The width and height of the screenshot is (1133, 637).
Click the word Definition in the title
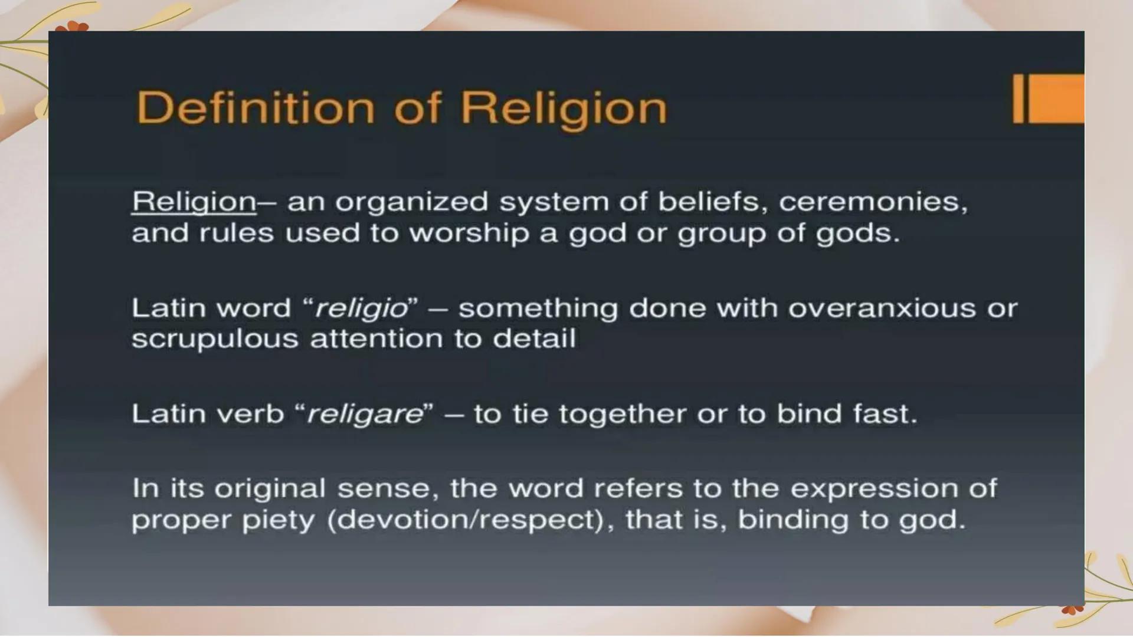(x=256, y=108)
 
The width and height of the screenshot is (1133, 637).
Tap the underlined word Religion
(x=194, y=202)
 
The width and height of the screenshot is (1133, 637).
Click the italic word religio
(x=361, y=308)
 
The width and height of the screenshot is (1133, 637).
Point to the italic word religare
(x=365, y=414)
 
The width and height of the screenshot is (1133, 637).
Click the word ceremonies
(x=873, y=202)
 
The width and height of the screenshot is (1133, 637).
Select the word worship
(x=469, y=234)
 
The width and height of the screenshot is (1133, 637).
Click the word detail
(x=534, y=339)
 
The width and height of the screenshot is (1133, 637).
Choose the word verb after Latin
(x=250, y=414)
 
